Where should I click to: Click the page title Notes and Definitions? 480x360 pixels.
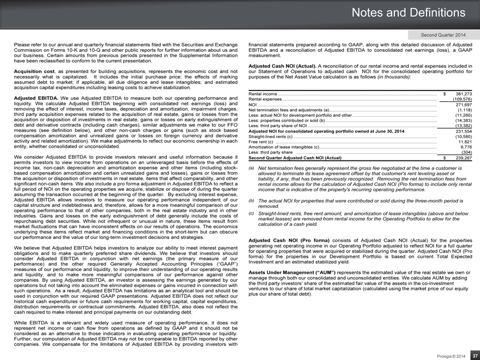point(414,12)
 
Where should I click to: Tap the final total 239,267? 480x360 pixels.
point(461,158)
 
